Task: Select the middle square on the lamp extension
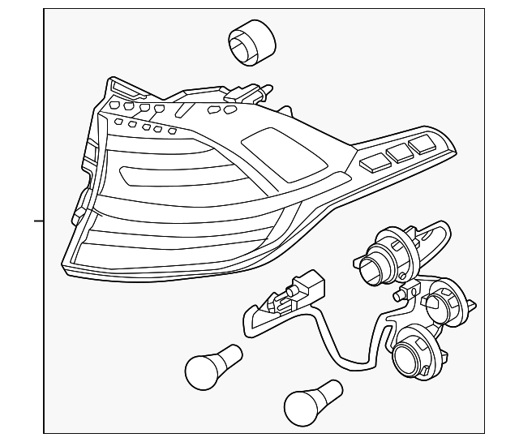tap(398, 152)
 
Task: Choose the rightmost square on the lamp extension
tap(422, 143)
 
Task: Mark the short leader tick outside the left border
tap(37, 220)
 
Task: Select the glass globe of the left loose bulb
tap(199, 370)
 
